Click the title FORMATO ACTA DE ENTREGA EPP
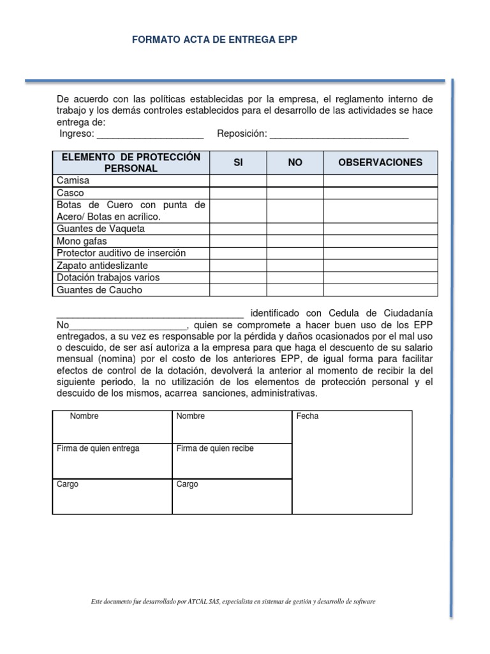tap(214, 40)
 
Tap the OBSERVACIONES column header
tap(380, 163)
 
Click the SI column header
tap(238, 163)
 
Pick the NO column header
tap(295, 163)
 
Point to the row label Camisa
tap(73, 181)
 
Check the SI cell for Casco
tap(238, 193)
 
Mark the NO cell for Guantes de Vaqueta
tap(295, 229)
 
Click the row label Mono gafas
tap(82, 241)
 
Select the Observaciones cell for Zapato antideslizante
tap(380, 265)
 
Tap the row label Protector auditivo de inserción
tap(121, 253)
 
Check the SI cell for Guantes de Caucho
tap(238, 290)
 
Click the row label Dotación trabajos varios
tap(108, 278)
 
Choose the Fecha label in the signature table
tap(308, 416)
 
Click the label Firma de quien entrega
tap(98, 449)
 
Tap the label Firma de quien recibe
tap(215, 449)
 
